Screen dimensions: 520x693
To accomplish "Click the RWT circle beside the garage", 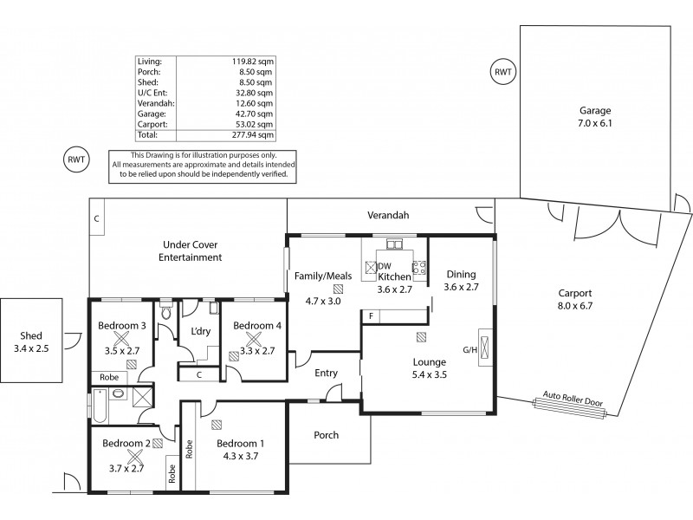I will pos(502,72).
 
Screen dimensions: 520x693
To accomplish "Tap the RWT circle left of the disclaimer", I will pos(77,159).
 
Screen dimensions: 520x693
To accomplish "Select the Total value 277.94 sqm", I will pos(256,135).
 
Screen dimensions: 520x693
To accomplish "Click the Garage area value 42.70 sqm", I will pos(257,114).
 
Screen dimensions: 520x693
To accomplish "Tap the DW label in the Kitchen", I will pos(385,266).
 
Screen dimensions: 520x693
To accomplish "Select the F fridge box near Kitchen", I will pos(371,316).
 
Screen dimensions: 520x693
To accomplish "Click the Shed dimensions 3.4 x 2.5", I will pos(31,351).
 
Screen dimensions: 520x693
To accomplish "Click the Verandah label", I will pos(387,215).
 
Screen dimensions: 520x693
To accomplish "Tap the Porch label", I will pos(326,435).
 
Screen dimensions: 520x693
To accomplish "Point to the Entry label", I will pos(326,373).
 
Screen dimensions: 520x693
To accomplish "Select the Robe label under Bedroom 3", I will pos(109,378).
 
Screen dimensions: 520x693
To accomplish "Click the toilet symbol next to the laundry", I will pos(166,314).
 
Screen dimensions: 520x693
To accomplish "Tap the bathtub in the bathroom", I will pos(100,404).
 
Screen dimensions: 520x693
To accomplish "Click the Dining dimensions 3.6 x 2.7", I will pos(461,287).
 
